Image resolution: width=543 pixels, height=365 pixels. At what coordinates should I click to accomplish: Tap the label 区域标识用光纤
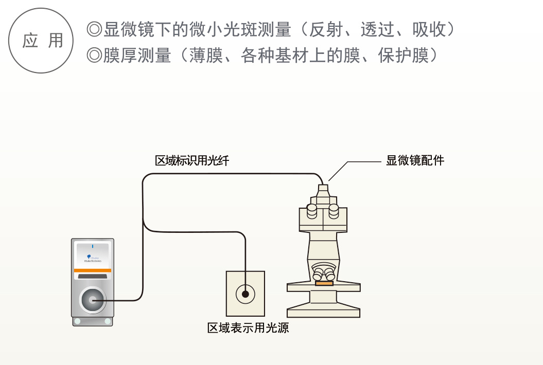click(192, 161)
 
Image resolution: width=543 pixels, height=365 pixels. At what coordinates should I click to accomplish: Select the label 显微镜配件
click(415, 160)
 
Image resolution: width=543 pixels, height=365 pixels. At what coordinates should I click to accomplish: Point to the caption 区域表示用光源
click(248, 327)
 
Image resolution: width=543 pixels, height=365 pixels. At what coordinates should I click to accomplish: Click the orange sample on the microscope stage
click(324, 283)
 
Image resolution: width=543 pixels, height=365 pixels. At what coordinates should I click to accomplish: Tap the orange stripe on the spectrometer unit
click(93, 270)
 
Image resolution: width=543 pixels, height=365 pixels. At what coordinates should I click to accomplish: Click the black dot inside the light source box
click(246, 294)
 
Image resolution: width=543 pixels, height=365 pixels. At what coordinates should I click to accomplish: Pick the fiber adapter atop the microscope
click(323, 190)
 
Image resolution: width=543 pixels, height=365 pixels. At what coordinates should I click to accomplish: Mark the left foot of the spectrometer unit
click(78, 321)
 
